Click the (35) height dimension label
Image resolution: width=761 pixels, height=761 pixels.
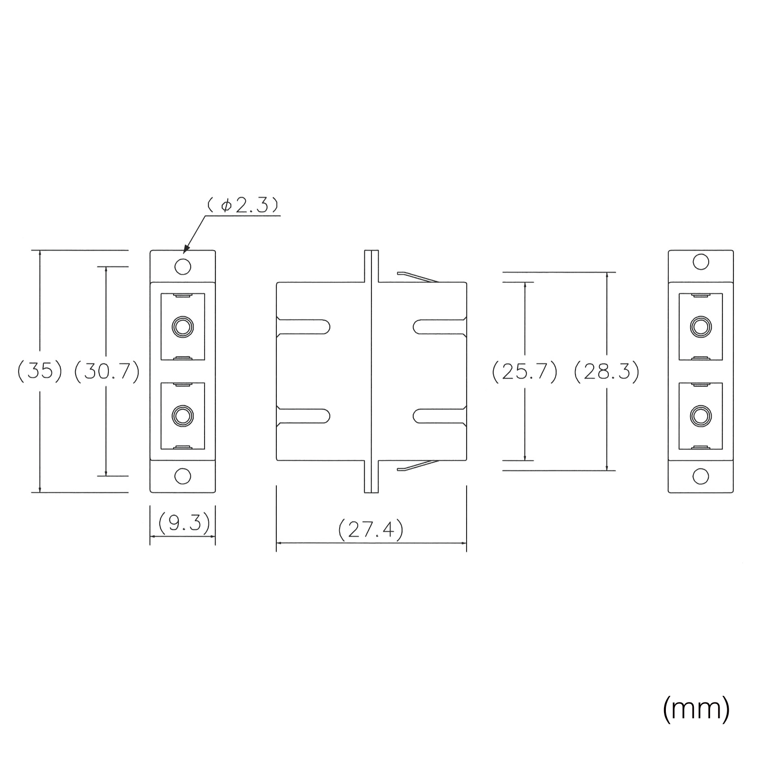click(40, 371)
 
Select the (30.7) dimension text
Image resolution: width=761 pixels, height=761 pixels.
click(107, 371)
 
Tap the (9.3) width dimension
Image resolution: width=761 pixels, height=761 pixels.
click(183, 524)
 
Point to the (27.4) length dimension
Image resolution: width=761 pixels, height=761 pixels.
click(371, 529)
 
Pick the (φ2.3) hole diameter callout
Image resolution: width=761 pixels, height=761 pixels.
click(243, 205)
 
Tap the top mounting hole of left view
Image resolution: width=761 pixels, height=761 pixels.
click(183, 266)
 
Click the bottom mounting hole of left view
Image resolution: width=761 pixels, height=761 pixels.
click(183, 476)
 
